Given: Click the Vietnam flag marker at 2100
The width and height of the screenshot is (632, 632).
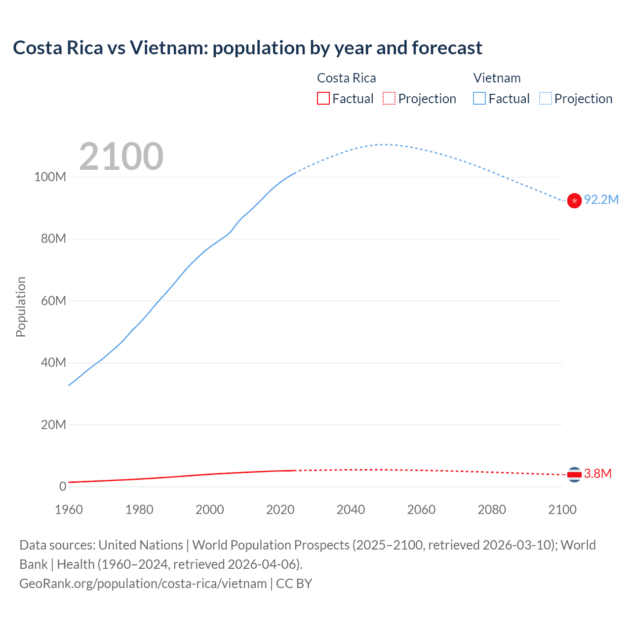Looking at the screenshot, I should (574, 200).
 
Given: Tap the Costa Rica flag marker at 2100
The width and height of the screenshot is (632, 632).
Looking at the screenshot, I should (574, 474).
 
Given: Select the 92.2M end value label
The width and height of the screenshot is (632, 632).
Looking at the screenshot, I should (601, 199).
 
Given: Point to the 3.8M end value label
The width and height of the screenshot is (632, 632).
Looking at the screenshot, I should (598, 474).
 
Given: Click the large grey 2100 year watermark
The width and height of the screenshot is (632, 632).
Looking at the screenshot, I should (121, 157).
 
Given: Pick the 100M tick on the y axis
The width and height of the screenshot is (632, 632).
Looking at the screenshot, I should (50, 177).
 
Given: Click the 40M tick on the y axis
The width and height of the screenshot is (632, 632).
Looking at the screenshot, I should (53, 362).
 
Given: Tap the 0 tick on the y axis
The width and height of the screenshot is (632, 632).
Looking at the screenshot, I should (63, 486).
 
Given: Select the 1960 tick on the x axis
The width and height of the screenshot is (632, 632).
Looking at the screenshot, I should (69, 510).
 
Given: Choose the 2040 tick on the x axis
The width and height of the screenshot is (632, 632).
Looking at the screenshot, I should (351, 510).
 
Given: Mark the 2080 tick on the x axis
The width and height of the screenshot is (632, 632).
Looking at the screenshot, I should (492, 510).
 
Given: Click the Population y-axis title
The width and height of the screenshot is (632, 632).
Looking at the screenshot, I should (21, 307).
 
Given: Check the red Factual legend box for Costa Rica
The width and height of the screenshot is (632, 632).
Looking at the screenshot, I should (323, 98).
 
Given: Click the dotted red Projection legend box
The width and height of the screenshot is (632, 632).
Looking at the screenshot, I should (389, 98).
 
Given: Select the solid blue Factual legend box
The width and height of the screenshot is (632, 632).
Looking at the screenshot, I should (479, 98).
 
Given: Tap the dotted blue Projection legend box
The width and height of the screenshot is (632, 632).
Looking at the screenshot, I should (545, 98).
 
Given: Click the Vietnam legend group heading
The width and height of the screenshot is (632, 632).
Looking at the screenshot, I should (497, 78).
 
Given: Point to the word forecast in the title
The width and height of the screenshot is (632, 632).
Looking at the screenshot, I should (447, 48).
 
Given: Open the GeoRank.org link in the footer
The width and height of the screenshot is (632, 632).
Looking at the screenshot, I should (143, 584).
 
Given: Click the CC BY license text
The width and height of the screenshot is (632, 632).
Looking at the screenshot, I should (294, 584).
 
